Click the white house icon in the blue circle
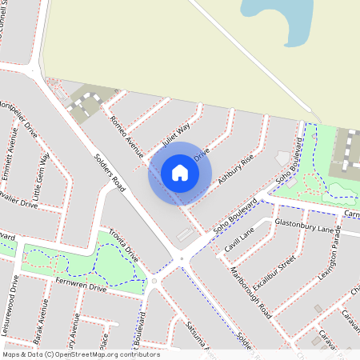180,172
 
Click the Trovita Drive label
124,243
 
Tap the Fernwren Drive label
81,286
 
